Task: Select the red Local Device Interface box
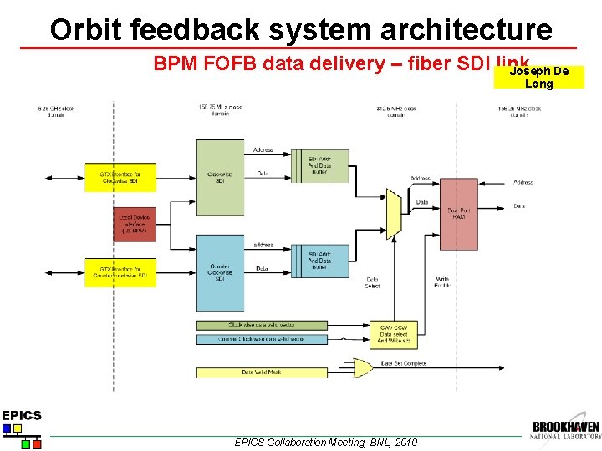[x=135, y=224]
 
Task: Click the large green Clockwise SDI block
[x=220, y=178]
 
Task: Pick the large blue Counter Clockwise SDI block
[x=220, y=271]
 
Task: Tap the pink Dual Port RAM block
[x=458, y=214]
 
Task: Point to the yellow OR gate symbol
[x=363, y=366]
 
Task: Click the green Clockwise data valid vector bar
[x=250, y=325]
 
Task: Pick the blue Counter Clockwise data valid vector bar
[x=250, y=339]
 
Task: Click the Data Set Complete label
[x=404, y=364]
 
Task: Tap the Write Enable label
[x=443, y=282]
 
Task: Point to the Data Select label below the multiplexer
[x=373, y=282]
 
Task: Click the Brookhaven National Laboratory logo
[x=565, y=429]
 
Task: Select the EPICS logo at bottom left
[x=21, y=428]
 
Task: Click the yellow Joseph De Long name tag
[x=539, y=78]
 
